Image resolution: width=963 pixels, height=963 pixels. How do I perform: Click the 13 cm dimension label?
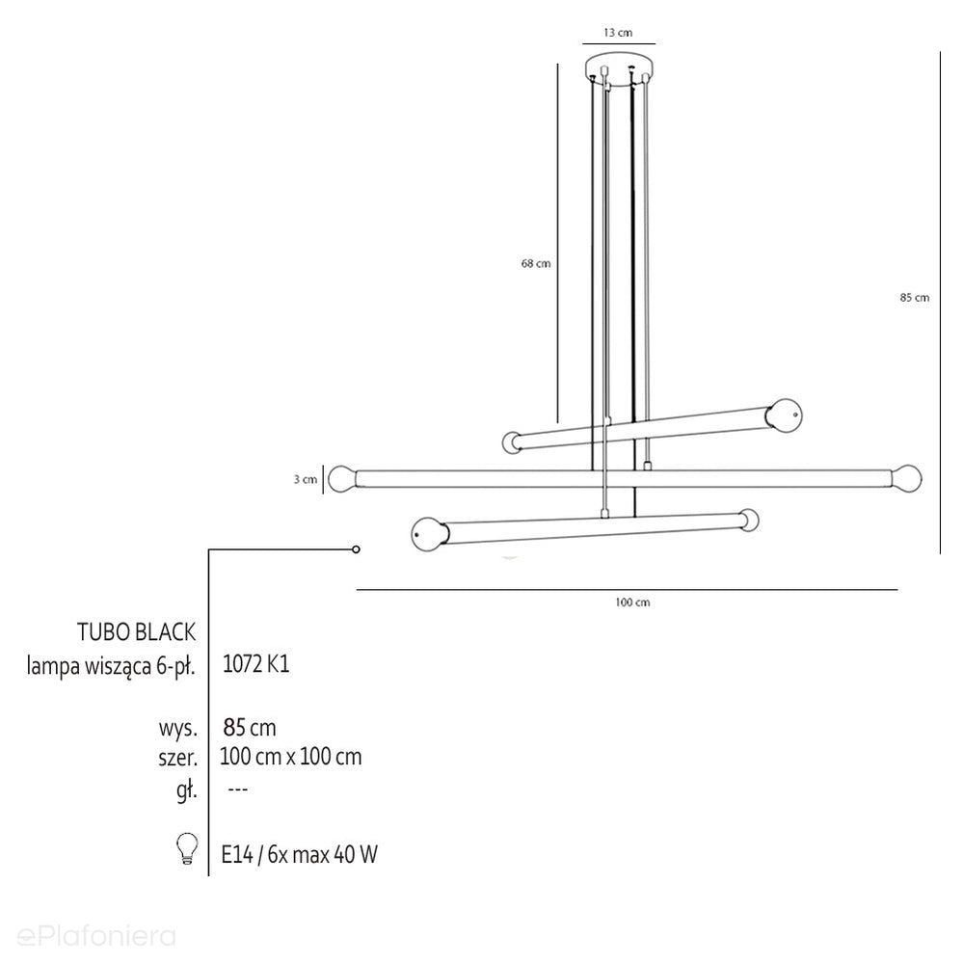[x=617, y=33]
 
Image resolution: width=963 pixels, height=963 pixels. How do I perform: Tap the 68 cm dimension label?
[x=536, y=263]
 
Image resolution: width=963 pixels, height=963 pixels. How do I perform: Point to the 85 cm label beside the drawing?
[x=915, y=298]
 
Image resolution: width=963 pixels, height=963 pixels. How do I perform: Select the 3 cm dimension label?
[x=305, y=479]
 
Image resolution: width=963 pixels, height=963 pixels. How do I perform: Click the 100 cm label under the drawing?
[x=632, y=602]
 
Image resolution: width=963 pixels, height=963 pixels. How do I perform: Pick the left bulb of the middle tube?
[x=342, y=479]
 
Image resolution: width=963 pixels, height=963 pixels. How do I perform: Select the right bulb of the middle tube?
[x=907, y=477]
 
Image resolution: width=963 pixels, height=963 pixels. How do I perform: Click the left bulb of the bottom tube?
[x=427, y=533]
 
